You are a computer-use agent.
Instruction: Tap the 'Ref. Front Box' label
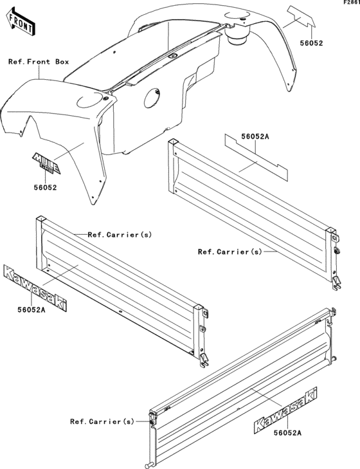tap(39, 62)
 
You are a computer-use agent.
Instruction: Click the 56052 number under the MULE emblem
tap(45, 188)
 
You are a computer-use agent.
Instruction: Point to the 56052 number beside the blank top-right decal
tap(312, 43)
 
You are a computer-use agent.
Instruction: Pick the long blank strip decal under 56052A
tap(256, 158)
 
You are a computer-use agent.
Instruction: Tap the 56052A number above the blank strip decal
tap(255, 136)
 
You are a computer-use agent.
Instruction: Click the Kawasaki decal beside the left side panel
tap(35, 288)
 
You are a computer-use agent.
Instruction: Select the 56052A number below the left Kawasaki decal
tap(32, 310)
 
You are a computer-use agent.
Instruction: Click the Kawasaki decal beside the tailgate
tap(285, 410)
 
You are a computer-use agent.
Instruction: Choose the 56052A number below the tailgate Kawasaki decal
tap(287, 432)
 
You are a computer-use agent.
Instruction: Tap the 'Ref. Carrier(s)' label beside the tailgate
tap(102, 421)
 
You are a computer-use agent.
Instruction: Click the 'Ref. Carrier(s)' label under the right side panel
tap(230, 252)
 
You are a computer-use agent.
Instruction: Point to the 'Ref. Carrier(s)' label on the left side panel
tap(120, 235)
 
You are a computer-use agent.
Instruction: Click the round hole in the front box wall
tap(152, 98)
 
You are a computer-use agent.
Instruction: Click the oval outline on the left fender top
tap(89, 100)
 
